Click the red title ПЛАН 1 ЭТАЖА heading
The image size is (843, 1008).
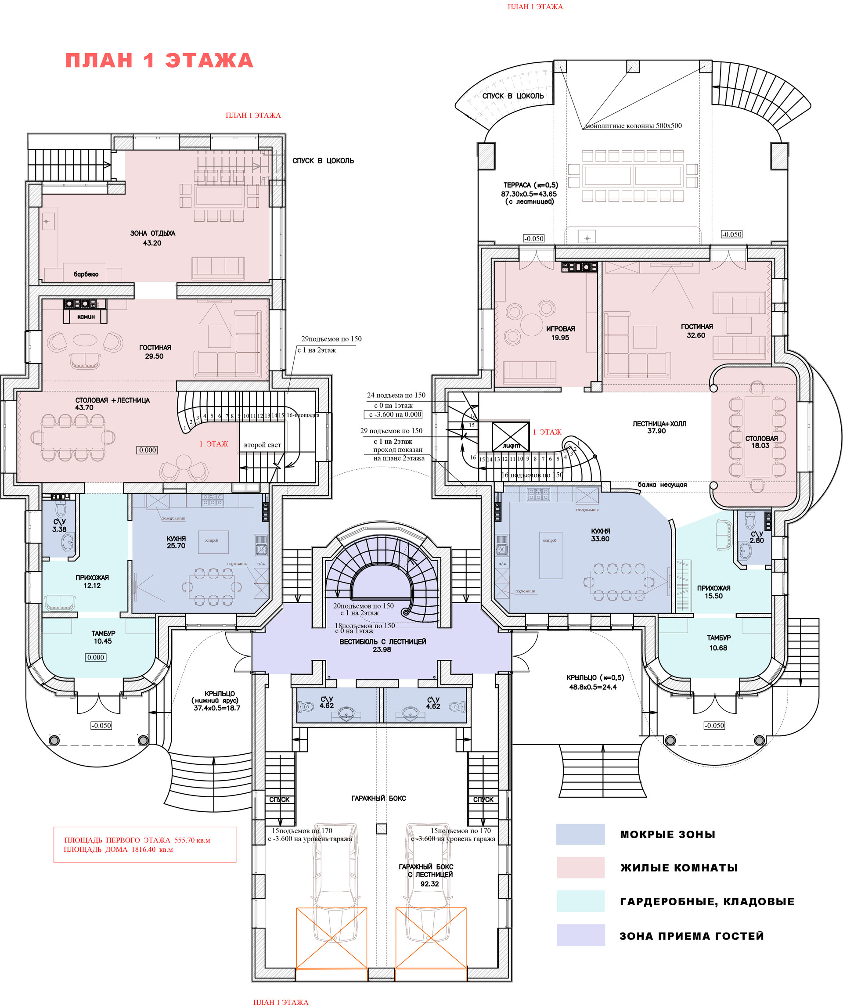159,61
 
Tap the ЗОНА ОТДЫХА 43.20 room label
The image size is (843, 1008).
153,238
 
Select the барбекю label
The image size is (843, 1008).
86,274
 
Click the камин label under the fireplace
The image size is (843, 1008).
86,317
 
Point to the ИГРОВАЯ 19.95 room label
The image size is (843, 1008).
560,333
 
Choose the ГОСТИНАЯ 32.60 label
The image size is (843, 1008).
697,331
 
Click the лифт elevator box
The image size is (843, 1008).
511,437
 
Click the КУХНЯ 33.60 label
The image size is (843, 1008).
601,535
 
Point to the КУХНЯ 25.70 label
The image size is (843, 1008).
176,542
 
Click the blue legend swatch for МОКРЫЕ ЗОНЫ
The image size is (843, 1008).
580,834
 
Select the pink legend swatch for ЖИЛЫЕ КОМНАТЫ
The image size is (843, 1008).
580,868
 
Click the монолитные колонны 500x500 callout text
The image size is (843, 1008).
633,126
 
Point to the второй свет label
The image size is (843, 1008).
262,445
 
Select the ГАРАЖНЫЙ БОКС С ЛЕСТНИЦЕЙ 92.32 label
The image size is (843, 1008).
426,875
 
